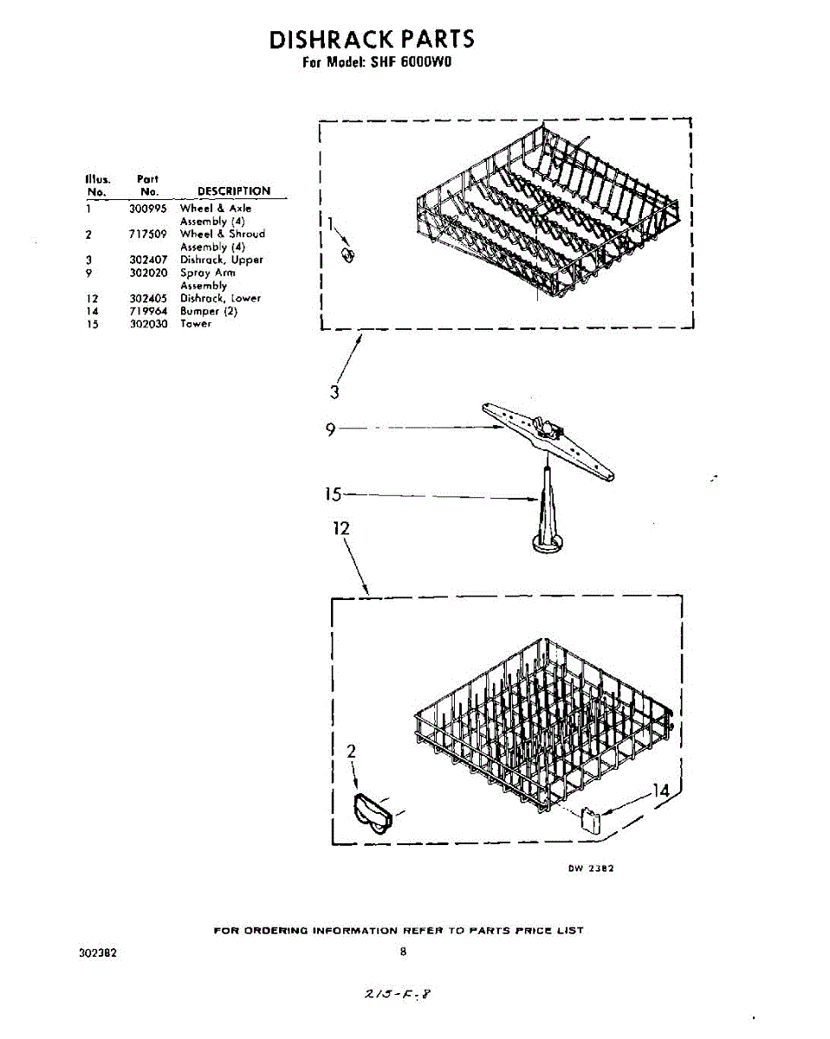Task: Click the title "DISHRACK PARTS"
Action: point(372,40)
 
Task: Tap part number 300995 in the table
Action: point(148,209)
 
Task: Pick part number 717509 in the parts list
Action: point(148,234)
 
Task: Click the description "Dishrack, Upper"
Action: point(221,260)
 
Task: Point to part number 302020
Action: point(148,273)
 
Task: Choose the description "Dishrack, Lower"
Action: point(220,298)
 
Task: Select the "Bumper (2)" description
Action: point(208,311)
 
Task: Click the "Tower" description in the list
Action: point(196,324)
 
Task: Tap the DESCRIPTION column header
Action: point(234,191)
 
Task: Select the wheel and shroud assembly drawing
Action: point(373,814)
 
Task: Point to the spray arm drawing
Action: point(548,440)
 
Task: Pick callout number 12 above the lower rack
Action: point(341,528)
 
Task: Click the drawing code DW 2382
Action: point(592,869)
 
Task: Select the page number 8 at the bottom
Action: point(403,952)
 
